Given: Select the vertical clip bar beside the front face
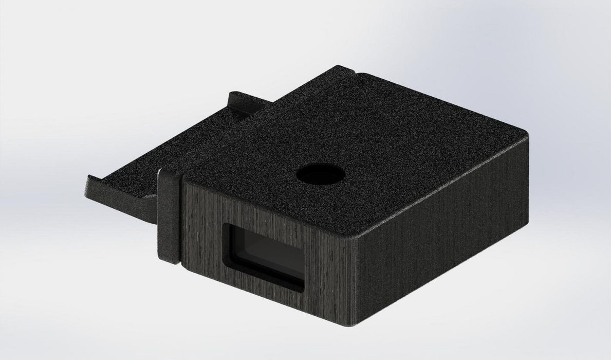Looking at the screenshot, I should (x=169, y=217).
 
